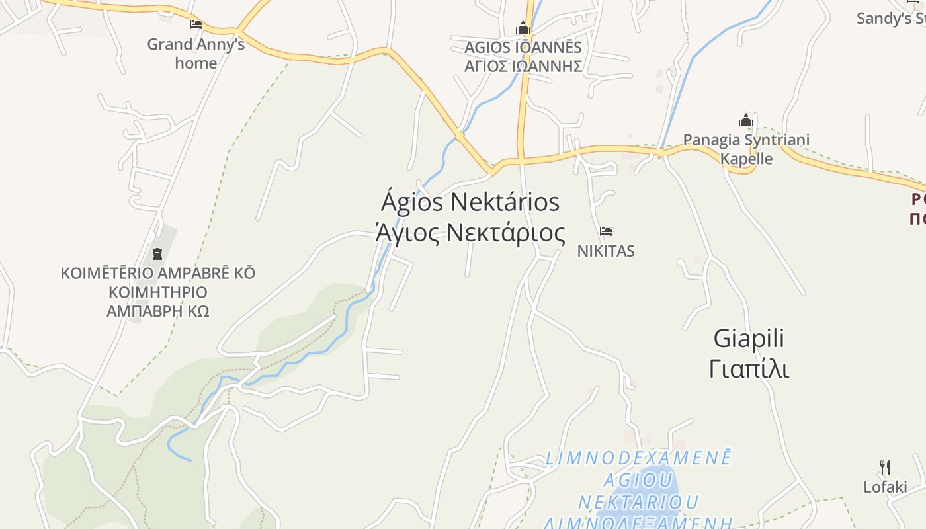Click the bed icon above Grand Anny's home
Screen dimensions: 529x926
[196, 24]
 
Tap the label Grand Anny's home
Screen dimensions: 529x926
[196, 54]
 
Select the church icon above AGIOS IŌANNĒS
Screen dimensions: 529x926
[523, 28]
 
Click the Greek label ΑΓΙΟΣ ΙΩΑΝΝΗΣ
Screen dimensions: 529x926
[523, 66]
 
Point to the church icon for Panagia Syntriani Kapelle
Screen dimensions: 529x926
[746, 121]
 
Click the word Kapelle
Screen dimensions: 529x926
[746, 159]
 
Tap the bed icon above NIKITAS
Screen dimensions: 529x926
[606, 231]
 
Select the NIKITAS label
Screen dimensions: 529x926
[606, 251]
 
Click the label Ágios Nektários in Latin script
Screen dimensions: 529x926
[470, 202]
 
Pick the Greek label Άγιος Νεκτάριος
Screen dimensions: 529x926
[470, 233]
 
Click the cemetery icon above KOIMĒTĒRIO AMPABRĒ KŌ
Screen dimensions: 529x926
[157, 253]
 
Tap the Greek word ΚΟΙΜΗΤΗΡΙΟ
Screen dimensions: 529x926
[158, 292]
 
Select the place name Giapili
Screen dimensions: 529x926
[749, 339]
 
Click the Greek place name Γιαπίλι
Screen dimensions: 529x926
[749, 368]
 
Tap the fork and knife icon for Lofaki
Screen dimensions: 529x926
[885, 468]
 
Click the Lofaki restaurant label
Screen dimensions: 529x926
[885, 487]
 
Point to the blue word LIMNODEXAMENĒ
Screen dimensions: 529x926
[639, 458]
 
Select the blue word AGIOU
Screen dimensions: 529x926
[639, 479]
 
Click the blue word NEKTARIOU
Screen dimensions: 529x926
[639, 502]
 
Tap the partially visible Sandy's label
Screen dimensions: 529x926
[890, 19]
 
